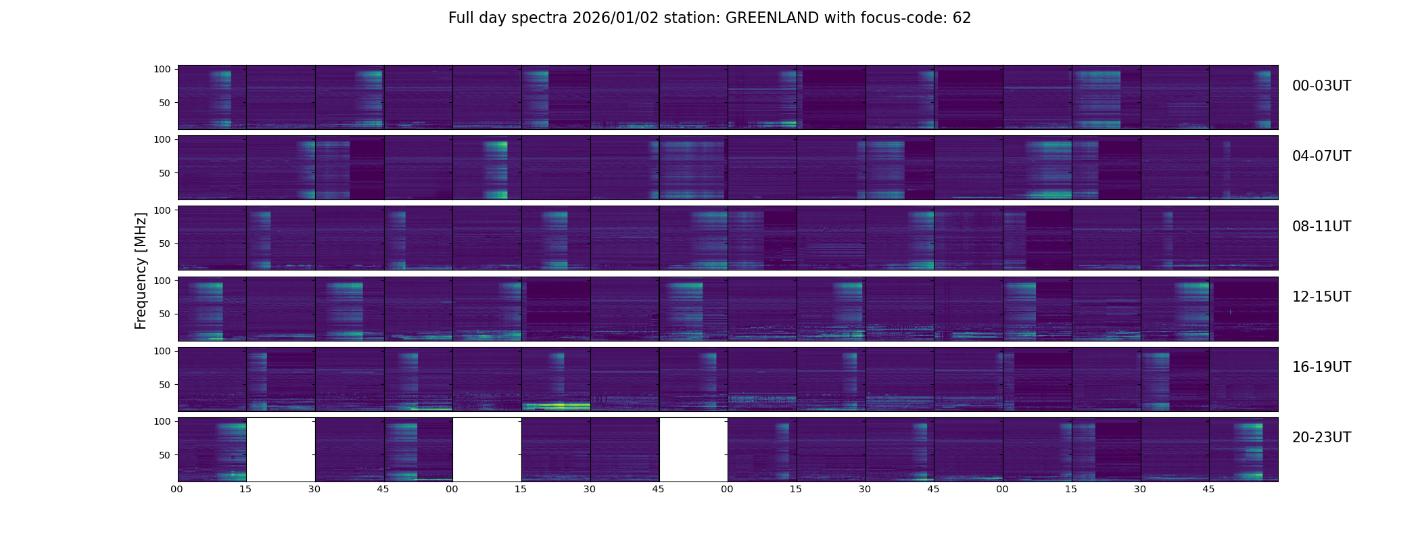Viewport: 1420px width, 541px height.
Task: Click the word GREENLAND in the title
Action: pos(772,18)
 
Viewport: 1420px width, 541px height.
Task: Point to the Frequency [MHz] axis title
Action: pos(141,270)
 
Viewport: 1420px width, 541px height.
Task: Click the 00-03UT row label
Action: pos(1321,86)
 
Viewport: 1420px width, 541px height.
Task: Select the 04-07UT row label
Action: pos(1321,156)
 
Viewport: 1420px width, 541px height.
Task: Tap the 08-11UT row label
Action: pos(1321,227)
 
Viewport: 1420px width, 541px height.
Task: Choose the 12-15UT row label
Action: pos(1321,297)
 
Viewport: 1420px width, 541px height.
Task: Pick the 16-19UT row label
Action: pos(1321,367)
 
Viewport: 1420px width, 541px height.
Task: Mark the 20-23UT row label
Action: pos(1321,438)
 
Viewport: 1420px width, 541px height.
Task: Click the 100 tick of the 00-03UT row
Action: pos(162,69)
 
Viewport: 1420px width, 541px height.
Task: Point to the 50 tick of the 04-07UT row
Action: pos(165,173)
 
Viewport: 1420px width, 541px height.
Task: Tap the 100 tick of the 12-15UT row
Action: pos(162,280)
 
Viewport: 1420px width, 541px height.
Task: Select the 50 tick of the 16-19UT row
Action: pos(165,385)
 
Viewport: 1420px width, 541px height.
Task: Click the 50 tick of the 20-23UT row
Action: pos(165,455)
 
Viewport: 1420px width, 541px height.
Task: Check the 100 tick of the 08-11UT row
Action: pos(162,210)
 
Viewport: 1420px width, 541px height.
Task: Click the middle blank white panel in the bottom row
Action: pos(487,449)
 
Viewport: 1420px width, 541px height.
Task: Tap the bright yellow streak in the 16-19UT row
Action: pos(556,405)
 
